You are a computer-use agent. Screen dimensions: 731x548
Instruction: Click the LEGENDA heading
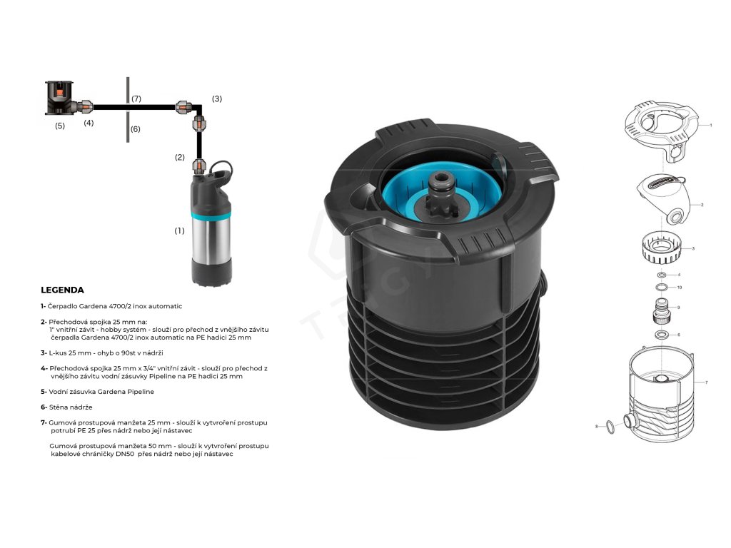[x=63, y=290]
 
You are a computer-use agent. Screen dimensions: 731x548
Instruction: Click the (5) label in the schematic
[x=60, y=126]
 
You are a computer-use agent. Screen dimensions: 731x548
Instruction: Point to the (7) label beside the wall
[x=136, y=98]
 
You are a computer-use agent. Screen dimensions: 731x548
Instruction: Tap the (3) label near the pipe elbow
[x=217, y=98]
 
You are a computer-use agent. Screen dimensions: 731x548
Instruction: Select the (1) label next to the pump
[x=179, y=230]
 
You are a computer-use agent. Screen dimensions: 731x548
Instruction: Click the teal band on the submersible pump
[x=211, y=215]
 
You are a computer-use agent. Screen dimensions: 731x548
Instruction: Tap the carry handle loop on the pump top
[x=221, y=167]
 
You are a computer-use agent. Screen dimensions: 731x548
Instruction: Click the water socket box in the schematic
[x=60, y=98]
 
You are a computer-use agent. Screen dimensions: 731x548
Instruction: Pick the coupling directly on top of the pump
[x=199, y=166]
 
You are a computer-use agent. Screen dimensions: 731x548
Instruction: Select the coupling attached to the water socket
[x=85, y=107]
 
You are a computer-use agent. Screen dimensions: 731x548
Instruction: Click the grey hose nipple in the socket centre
[x=440, y=183]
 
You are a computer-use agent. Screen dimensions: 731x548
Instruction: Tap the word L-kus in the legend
[x=58, y=352]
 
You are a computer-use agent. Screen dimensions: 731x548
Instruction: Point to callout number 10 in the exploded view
[x=680, y=288]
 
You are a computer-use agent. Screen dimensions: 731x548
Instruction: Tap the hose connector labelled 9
[x=662, y=311]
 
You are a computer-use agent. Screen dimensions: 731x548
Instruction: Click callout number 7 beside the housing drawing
[x=706, y=382]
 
